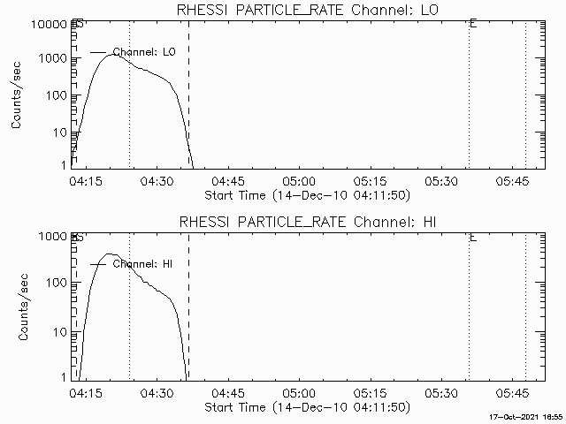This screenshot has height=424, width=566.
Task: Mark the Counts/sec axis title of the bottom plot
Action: tap(18, 307)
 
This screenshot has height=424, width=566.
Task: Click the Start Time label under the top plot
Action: tap(305, 194)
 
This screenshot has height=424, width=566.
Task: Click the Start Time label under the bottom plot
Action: tap(305, 407)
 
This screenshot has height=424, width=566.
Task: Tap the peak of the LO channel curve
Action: tap(109, 54)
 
